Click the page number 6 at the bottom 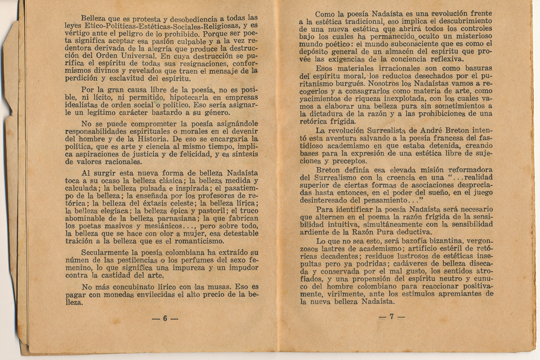(165, 318)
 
